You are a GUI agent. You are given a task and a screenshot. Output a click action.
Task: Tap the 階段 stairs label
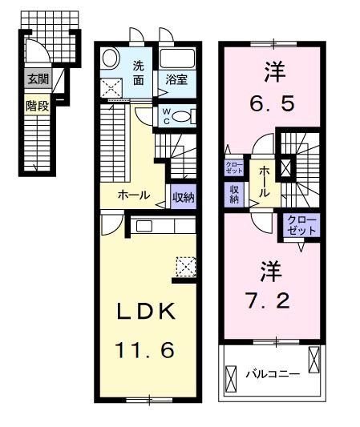[37, 103]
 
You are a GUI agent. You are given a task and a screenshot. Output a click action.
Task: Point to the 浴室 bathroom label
[176, 79]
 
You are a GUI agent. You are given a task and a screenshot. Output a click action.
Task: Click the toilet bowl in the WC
[183, 116]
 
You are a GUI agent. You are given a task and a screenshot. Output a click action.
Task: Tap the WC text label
[165, 115]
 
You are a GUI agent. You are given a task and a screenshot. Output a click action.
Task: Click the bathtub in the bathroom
[178, 59]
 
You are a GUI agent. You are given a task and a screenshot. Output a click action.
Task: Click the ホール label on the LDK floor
[131, 194]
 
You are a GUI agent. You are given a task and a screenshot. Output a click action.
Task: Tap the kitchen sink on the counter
[144, 226]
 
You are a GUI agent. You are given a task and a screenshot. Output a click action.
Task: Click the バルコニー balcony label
[273, 373]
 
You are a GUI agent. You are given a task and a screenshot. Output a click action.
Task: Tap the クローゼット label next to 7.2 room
[301, 224]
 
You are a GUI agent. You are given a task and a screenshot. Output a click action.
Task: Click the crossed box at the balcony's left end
[233, 377]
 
